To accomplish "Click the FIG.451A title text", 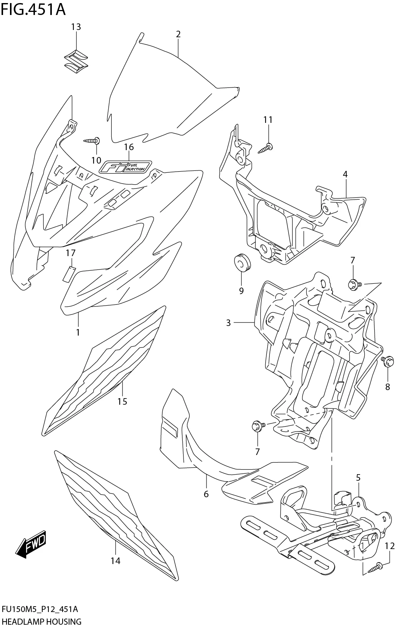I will (x=33, y=9).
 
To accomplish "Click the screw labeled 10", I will (x=93, y=141).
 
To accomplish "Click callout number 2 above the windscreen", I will (x=178, y=34).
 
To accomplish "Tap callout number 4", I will (x=345, y=174).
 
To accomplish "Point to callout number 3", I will (x=228, y=323).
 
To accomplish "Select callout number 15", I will (x=122, y=402).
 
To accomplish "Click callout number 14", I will (x=115, y=561).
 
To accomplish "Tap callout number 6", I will (x=206, y=494).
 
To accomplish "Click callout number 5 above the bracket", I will (x=358, y=478).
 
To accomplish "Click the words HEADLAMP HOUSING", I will (x=41, y=621).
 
